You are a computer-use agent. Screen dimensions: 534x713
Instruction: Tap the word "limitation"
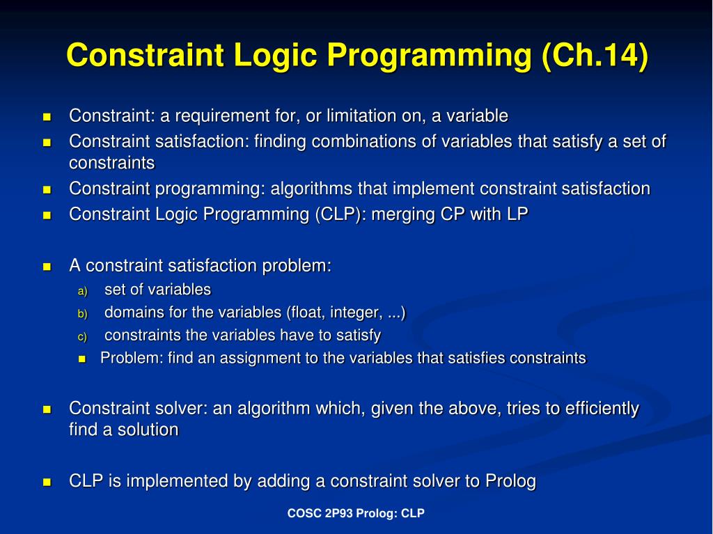[x=359, y=116]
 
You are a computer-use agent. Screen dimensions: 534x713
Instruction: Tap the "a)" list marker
[x=82, y=291]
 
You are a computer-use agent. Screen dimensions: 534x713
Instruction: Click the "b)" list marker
[x=82, y=314]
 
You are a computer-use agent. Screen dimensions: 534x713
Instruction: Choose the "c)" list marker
[x=82, y=337]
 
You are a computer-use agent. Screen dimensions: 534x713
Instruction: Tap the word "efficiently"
[x=601, y=409]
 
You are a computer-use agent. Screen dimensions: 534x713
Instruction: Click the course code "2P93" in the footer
[x=340, y=514]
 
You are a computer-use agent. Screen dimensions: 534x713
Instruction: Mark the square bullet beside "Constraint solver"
[x=47, y=409]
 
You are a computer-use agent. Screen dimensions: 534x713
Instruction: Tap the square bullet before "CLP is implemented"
[x=47, y=482]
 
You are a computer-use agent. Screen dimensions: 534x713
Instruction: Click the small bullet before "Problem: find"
[x=82, y=359]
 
